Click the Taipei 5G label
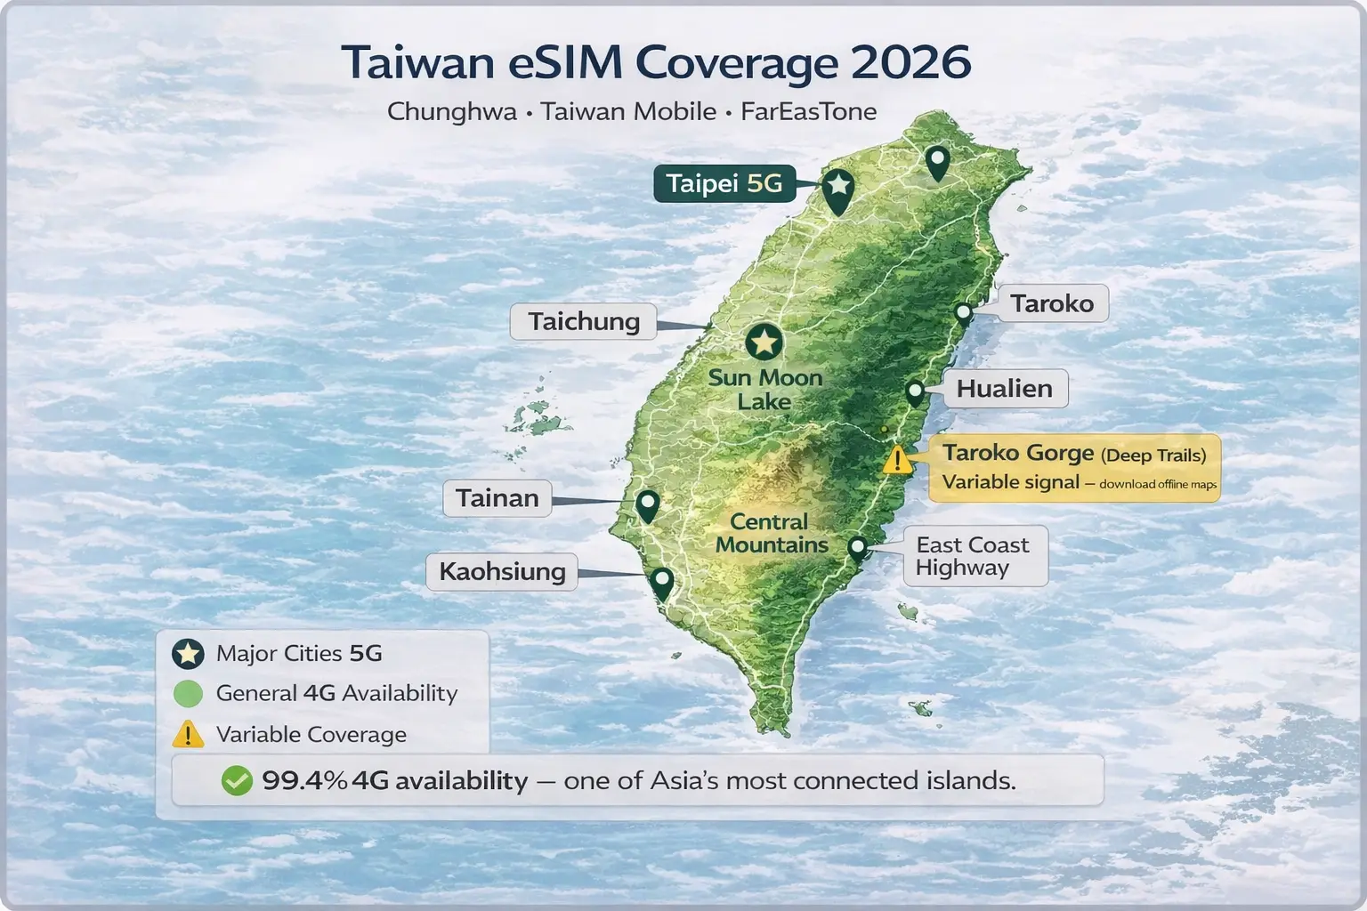[x=724, y=184]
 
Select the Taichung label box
[x=583, y=321]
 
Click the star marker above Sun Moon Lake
[x=763, y=342]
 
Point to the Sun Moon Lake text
[x=764, y=390]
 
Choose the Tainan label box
[x=497, y=498]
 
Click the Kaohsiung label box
[x=502, y=571]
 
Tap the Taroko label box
[x=1051, y=303]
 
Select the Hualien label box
[x=1004, y=389]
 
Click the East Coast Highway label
[x=974, y=556]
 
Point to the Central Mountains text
[x=772, y=533]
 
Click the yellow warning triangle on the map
[x=898, y=460]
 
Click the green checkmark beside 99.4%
[x=237, y=781]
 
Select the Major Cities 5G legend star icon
[x=188, y=654]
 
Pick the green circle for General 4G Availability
[x=188, y=694]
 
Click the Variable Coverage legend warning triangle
[x=188, y=735]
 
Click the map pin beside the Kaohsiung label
[x=661, y=583]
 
